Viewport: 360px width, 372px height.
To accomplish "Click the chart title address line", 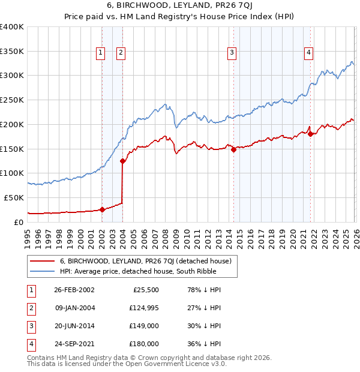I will [x=180, y=7].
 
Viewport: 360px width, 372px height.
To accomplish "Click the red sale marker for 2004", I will [x=122, y=161].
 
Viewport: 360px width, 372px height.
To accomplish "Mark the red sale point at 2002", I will [x=102, y=209].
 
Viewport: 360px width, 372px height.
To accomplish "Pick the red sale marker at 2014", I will [x=233, y=149].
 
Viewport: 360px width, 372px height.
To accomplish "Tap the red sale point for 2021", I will [x=310, y=134].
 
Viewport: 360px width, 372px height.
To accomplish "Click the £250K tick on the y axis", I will [x=12, y=100].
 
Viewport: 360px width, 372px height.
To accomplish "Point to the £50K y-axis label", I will [x=14, y=197].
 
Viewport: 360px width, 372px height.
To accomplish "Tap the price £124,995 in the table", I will [x=142, y=308].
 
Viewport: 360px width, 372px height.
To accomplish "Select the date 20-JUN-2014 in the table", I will [x=74, y=326].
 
